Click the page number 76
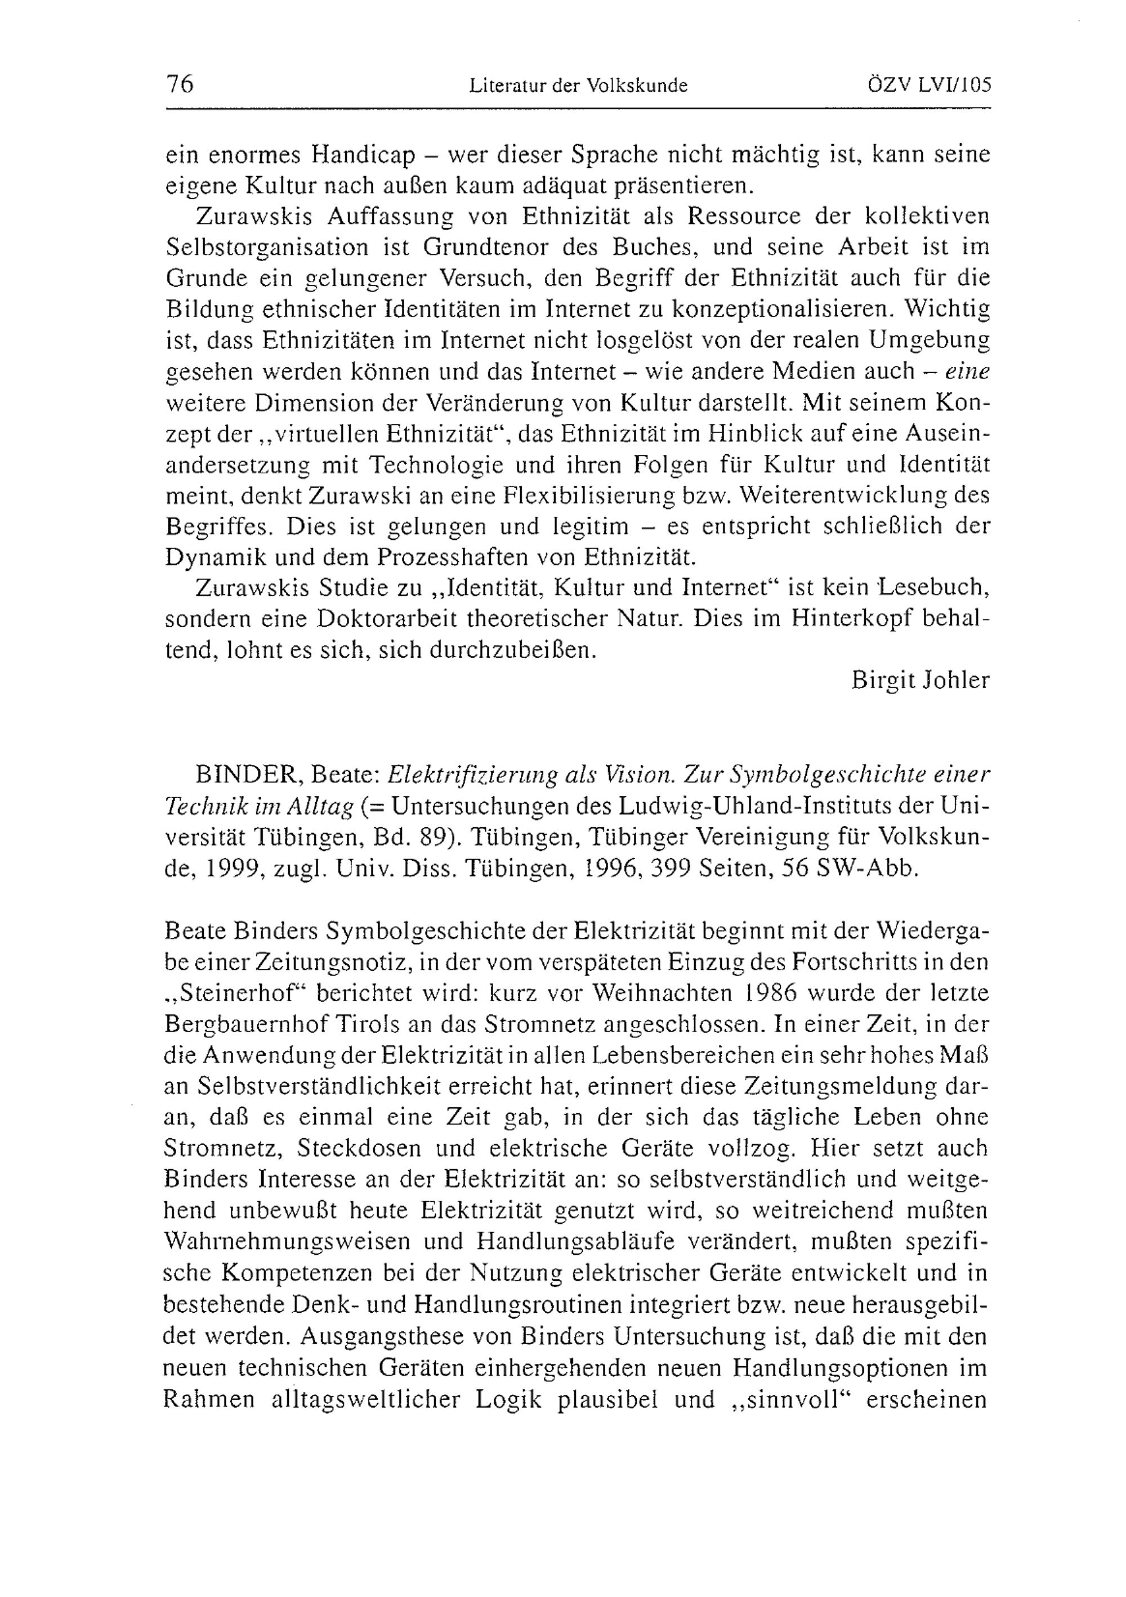click(x=180, y=84)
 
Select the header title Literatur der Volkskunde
click(x=578, y=86)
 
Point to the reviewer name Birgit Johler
click(x=920, y=679)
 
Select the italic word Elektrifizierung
click(x=458, y=773)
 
